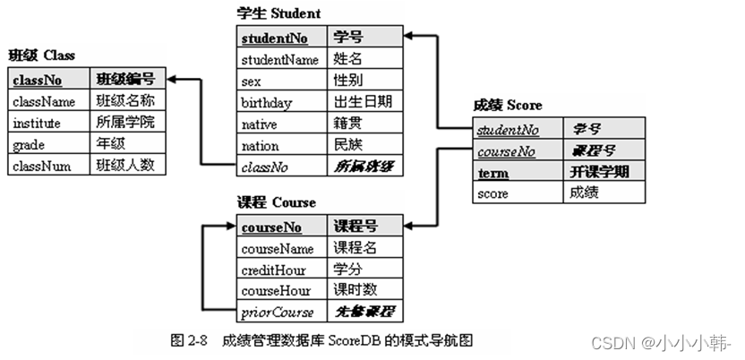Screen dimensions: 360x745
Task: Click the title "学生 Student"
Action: point(278,13)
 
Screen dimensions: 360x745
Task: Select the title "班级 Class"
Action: point(41,56)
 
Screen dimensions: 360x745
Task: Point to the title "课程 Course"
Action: point(276,202)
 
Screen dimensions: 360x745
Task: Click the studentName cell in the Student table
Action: point(279,60)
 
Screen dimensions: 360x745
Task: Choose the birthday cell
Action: point(267,103)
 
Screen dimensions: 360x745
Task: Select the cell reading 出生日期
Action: point(362,102)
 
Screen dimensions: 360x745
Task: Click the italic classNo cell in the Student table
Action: point(265,166)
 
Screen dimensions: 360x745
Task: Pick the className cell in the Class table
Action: point(45,101)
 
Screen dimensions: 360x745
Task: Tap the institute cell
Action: point(39,123)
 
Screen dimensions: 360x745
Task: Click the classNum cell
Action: point(43,166)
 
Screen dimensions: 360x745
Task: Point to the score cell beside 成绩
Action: point(493,193)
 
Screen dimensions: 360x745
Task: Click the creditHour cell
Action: point(273,270)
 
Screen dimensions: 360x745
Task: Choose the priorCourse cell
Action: point(278,313)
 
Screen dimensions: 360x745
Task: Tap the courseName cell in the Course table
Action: point(278,248)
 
